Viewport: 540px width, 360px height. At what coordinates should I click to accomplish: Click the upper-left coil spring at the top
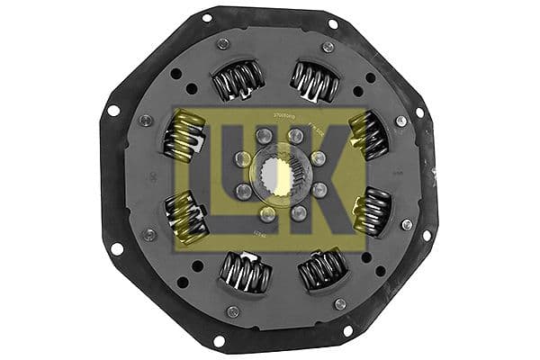tap(238, 81)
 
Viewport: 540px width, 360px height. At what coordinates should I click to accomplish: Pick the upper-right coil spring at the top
tap(314, 82)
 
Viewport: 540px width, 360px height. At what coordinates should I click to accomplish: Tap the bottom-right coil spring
tap(321, 267)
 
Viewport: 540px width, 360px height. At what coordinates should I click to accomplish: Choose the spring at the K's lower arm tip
tap(371, 212)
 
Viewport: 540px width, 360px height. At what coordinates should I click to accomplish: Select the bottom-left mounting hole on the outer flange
tap(219, 340)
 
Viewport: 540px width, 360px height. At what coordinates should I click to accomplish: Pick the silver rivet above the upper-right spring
tap(328, 47)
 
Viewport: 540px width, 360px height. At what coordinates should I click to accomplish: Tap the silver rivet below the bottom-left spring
tap(233, 311)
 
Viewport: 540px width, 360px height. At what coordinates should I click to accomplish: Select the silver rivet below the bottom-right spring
tap(339, 304)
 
